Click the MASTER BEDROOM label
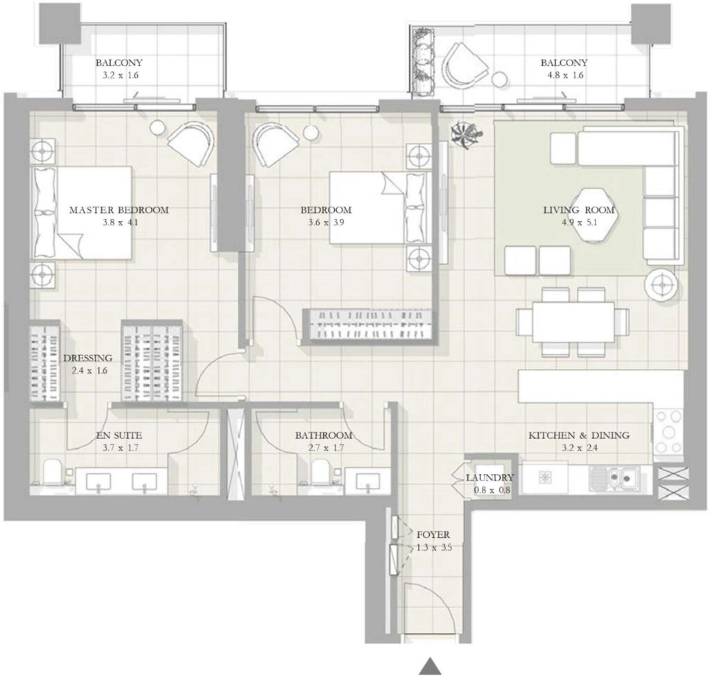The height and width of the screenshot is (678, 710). pos(119,210)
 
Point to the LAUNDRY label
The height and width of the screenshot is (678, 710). pos(489,478)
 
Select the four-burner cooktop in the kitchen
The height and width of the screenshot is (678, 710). pos(668,428)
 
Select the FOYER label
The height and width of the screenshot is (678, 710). pos(433,534)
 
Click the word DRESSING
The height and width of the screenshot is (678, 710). pos(87,358)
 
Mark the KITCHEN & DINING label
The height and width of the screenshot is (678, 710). pos(578,435)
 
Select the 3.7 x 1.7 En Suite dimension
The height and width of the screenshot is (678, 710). pos(119,448)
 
